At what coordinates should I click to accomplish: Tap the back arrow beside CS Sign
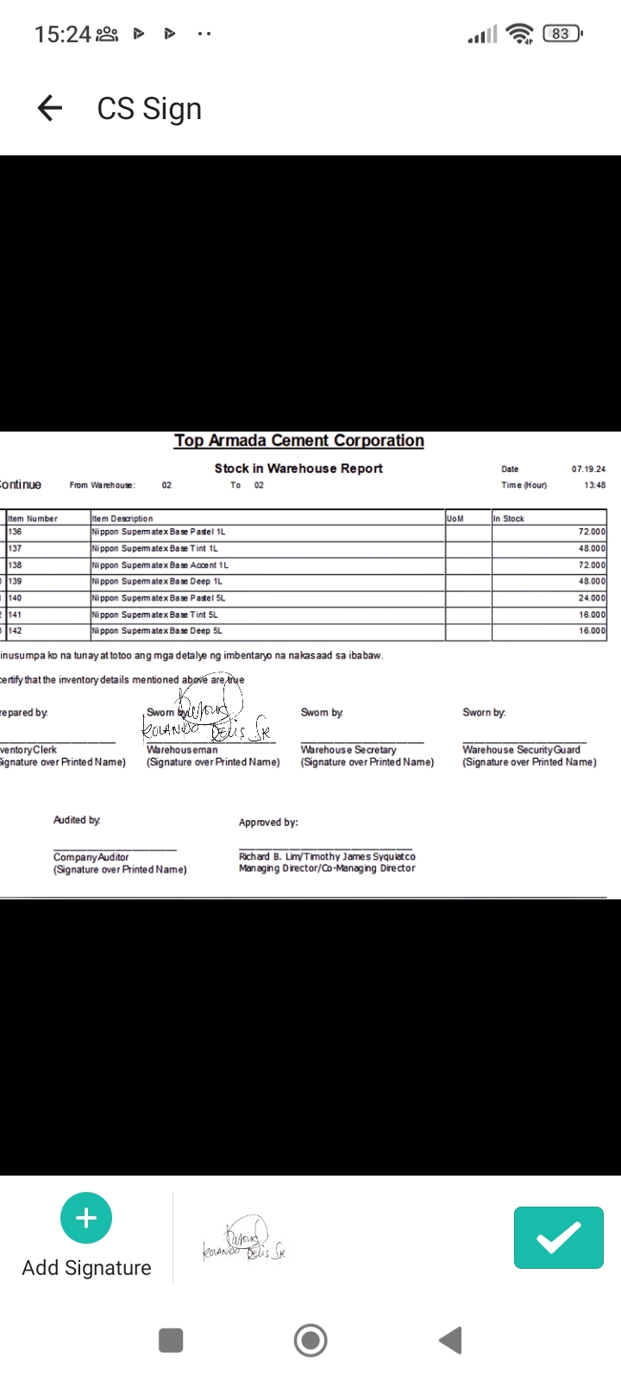50,108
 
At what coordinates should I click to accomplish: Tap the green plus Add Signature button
86,1218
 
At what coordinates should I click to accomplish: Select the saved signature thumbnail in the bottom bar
244,1239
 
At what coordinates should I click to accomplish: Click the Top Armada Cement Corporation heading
298,440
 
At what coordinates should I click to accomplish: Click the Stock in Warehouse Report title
298,468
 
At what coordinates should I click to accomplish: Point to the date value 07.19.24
588,469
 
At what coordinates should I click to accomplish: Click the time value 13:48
594,485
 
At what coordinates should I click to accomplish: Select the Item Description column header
122,519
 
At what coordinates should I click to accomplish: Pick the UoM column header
455,519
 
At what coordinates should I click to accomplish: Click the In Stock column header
509,519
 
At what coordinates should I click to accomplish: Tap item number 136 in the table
16,532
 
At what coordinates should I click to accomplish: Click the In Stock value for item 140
592,598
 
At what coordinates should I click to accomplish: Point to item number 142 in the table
16,631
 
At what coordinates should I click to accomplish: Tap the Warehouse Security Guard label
521,750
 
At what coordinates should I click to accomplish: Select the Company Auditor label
91,857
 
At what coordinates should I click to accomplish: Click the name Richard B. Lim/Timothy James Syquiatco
327,856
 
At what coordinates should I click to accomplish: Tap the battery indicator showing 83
561,34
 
